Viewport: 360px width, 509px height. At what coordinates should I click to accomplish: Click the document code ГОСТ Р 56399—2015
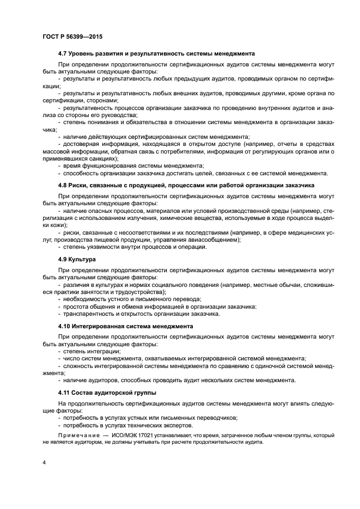coord(72,36)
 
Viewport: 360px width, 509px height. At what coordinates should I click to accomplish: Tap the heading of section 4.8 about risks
coord(186,186)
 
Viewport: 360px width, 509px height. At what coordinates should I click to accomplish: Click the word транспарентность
coord(90,314)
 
